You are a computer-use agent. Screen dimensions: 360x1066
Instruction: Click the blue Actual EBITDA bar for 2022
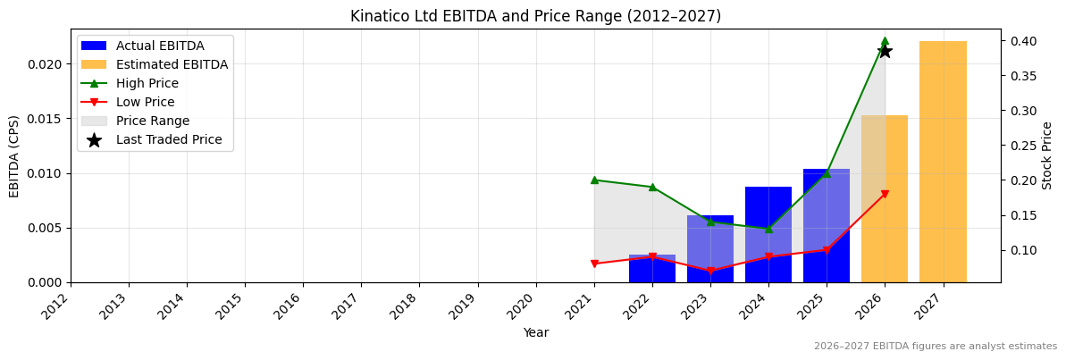coord(652,269)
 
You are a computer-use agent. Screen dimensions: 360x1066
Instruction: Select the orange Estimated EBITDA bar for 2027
coord(943,162)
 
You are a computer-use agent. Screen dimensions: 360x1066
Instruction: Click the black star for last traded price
coord(885,51)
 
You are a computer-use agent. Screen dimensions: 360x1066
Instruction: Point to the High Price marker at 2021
coord(594,180)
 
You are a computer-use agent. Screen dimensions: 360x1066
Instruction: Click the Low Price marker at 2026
coord(885,194)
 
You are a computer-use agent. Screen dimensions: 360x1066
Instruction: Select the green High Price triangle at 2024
coord(768,229)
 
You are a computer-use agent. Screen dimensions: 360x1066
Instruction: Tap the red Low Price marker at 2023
coord(710,271)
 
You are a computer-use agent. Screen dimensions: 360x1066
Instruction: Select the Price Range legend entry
coord(152,121)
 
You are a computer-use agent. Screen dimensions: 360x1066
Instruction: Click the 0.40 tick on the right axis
coord(1024,41)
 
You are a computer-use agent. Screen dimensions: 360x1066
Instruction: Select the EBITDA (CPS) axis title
coord(14,155)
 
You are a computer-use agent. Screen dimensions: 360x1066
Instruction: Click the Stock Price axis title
coord(1047,155)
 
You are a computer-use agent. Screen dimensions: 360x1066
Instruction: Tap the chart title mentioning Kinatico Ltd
coord(535,16)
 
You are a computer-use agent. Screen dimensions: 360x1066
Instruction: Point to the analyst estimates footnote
coord(935,347)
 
